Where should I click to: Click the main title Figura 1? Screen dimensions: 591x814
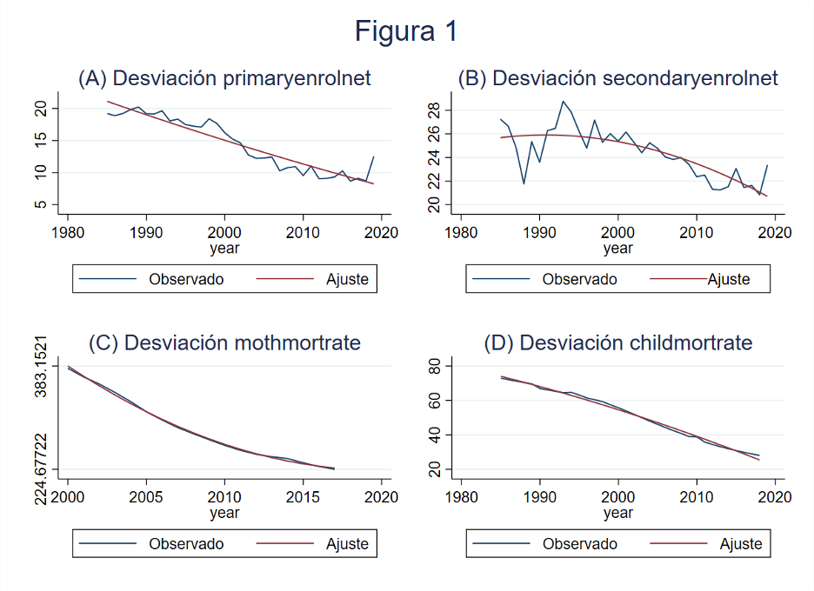coord(406,32)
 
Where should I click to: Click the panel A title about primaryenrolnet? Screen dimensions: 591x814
coord(224,78)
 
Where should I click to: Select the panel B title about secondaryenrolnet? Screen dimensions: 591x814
coord(617,78)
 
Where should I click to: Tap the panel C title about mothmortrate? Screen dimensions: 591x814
coord(224,342)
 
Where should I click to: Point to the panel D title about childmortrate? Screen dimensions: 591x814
coord(617,342)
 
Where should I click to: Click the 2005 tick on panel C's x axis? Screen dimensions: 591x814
coord(146,497)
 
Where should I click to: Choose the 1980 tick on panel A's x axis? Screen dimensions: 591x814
coord(68,233)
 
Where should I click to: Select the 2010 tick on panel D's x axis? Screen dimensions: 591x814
coord(696,497)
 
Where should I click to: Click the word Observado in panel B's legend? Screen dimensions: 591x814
coord(579,280)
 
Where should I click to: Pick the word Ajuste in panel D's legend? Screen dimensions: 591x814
coord(740,544)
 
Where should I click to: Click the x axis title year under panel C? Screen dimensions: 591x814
coord(224,513)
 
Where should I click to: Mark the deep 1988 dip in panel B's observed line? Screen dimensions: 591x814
coord(524,183)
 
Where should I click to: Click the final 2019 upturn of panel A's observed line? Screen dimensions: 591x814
coord(373,157)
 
